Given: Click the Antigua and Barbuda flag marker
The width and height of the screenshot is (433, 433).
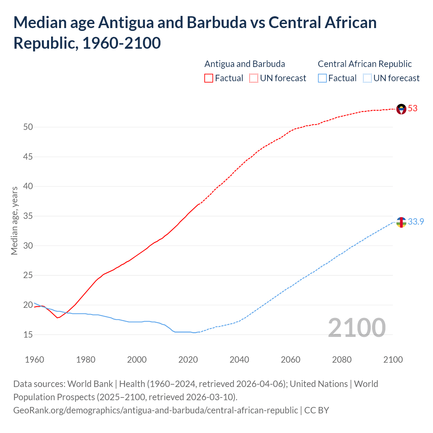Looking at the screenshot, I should pos(401,109).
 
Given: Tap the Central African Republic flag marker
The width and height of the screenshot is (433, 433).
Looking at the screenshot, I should pos(401,222).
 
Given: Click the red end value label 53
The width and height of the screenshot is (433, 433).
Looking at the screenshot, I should pos(413,109).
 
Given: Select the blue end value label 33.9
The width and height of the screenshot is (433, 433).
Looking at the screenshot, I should pos(416,222).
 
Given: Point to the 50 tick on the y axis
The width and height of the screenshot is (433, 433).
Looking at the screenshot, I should pos(28,127).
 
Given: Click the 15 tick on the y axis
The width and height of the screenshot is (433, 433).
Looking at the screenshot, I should pos(28,335).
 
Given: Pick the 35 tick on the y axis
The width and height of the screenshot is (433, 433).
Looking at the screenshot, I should pos(28,216).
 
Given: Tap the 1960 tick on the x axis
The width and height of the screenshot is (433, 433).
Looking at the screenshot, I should pos(35,360).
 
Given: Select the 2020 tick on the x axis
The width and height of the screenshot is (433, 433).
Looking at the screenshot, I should pos(188,360).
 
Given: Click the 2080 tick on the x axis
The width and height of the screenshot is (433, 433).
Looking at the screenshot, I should pos(342,360).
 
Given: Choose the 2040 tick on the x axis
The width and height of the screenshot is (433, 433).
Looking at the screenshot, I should pos(239,360).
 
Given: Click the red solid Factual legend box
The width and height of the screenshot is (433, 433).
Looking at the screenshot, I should pos(209,78).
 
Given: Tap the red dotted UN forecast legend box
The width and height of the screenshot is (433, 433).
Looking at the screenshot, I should pos(254,78).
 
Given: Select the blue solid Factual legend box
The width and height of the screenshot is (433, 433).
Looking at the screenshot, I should pos(322,78).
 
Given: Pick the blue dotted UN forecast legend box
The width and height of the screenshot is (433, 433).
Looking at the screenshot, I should pos(367,78).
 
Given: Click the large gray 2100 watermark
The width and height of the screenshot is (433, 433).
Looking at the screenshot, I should pos(357,327).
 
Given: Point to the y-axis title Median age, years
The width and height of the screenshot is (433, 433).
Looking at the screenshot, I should pos(14,221).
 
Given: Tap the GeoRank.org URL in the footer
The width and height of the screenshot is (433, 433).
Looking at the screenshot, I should pos(156,410).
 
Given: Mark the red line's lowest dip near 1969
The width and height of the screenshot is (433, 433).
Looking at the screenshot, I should pos(58,318).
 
